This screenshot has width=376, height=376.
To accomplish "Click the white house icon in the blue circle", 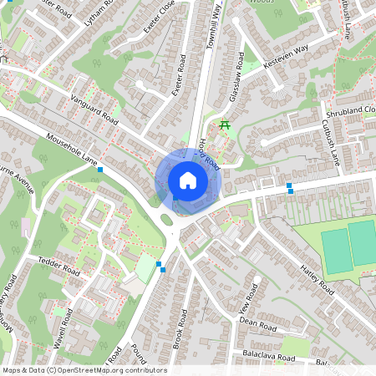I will [x=188, y=180].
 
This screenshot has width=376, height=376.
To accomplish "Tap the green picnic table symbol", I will [x=224, y=125].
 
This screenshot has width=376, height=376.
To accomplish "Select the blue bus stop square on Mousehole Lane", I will [x=100, y=170].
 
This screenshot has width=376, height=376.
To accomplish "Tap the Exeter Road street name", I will [x=179, y=75].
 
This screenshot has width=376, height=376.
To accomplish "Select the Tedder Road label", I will [x=58, y=267].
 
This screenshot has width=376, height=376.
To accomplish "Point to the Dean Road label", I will [x=257, y=322].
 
